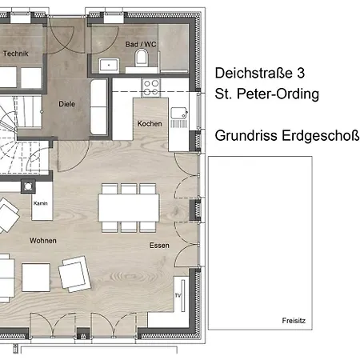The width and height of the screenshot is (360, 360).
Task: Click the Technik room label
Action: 16,54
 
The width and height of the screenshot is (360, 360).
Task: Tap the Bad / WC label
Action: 141,44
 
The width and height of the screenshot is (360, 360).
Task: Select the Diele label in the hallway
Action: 66,104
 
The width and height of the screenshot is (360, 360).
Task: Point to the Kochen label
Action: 150,123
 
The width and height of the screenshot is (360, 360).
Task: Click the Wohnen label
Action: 43,241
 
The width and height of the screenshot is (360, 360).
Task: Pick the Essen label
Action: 159,246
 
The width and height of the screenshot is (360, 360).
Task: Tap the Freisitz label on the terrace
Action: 294,321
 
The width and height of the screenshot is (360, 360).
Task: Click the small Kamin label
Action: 41,203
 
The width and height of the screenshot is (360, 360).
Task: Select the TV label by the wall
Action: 178,295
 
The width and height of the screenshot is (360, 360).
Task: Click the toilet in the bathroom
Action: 142,58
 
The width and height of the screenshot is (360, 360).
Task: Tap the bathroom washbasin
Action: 109,65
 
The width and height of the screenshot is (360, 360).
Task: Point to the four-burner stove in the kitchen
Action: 151,88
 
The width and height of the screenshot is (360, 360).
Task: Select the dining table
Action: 129,208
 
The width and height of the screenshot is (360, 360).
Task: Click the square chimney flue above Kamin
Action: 28,186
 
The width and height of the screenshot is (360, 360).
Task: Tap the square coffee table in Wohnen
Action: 36,278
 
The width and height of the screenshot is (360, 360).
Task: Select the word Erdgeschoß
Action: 320,136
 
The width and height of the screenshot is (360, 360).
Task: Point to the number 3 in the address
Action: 301,73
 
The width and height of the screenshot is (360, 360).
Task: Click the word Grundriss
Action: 246,135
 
